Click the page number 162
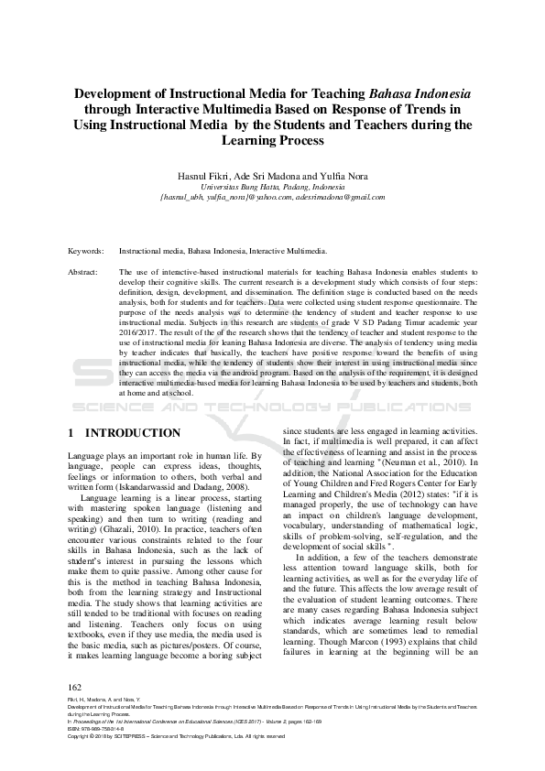[x=76, y=687]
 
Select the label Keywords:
[x=85, y=249]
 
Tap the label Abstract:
[x=83, y=272]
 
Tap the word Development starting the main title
[x=114, y=93]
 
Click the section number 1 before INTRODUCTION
[x=71, y=432]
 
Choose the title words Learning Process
[x=272, y=140]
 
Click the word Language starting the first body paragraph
[x=88, y=456]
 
